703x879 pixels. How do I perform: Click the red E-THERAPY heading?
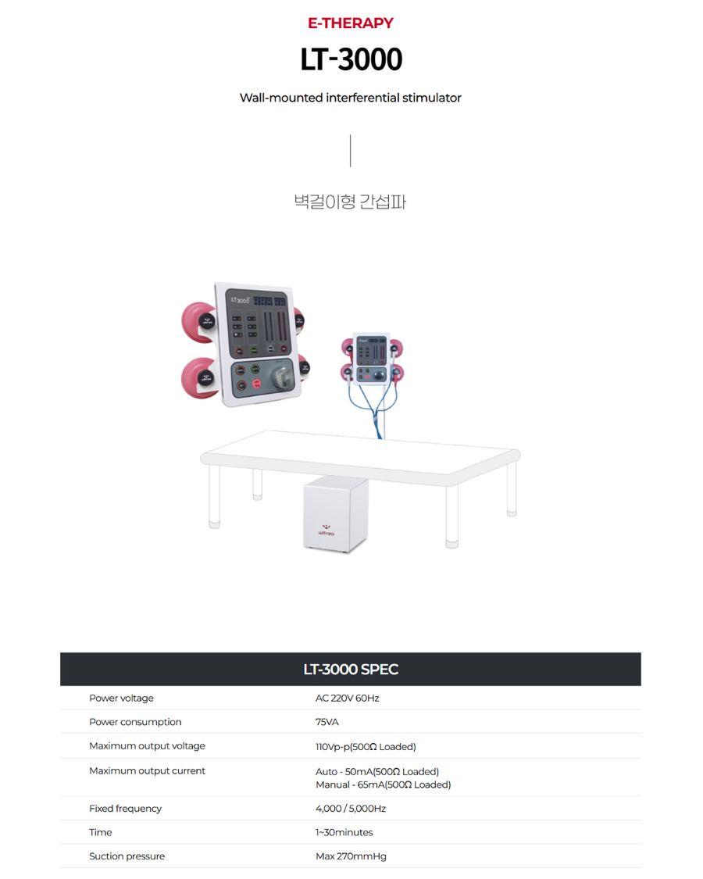pyautogui.click(x=351, y=23)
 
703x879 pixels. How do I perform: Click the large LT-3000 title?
pyautogui.click(x=351, y=59)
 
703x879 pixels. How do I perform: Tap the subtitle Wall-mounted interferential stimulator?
pyautogui.click(x=351, y=98)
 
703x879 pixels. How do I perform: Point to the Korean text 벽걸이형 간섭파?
pyautogui.click(x=350, y=202)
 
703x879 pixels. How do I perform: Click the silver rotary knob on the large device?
pyautogui.click(x=281, y=376)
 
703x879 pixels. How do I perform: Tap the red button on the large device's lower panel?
pyautogui.click(x=256, y=384)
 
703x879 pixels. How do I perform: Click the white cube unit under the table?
pyautogui.click(x=335, y=516)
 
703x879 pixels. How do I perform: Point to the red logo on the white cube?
pyautogui.click(x=327, y=531)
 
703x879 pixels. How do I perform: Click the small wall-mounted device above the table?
pyautogui.click(x=371, y=359)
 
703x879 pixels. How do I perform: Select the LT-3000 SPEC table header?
pyautogui.click(x=351, y=669)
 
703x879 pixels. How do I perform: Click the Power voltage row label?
pyautogui.click(x=121, y=698)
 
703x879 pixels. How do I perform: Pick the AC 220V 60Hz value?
pyautogui.click(x=347, y=698)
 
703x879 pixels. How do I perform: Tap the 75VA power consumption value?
pyautogui.click(x=327, y=722)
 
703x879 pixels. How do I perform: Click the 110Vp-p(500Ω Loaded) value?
pyautogui.click(x=366, y=747)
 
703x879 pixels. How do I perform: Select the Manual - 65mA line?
pyautogui.click(x=383, y=784)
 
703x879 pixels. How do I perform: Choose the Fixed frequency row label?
pyautogui.click(x=125, y=809)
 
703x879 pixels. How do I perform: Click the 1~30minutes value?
pyautogui.click(x=344, y=832)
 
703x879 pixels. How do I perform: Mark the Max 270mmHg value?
pyautogui.click(x=351, y=856)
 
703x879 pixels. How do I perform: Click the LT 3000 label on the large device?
pyautogui.click(x=241, y=300)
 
